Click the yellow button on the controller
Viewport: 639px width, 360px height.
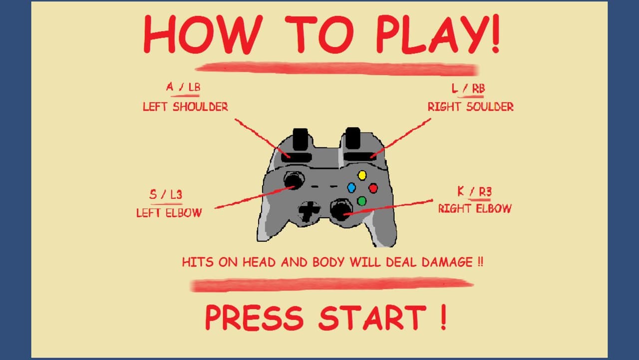tap(362, 175)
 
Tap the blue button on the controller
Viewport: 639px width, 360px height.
tap(351, 187)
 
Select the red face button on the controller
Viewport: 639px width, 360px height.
tap(373, 188)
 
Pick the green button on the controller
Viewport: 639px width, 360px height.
tap(362, 201)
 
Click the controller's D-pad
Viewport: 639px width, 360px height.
tap(309, 211)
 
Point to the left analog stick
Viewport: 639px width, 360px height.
tap(294, 180)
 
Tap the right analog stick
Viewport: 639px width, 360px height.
tap(341, 210)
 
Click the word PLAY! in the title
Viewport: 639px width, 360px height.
tap(438, 34)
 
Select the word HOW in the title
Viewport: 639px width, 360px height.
tap(203, 35)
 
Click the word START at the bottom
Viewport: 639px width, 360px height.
tap(372, 318)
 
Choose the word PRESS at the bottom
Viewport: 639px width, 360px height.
tap(254, 318)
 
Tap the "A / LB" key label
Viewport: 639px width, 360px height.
tap(183, 87)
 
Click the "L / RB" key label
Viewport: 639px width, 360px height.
tap(468, 88)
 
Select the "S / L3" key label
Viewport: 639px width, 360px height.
tap(166, 195)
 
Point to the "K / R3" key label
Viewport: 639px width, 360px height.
tap(475, 192)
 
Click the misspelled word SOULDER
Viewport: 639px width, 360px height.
tap(490, 107)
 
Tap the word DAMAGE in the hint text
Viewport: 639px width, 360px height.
tap(447, 262)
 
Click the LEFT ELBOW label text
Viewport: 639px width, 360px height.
tap(169, 213)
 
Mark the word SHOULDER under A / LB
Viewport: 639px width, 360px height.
tap(200, 107)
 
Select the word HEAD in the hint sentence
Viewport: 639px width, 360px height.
tap(259, 262)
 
